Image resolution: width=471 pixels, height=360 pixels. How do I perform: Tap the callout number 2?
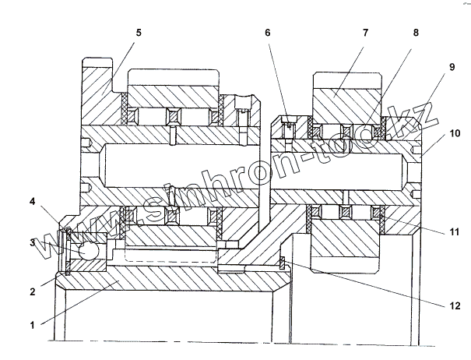[33, 292]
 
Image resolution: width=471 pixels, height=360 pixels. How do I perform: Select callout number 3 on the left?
[33, 243]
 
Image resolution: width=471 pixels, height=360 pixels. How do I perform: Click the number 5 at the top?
[138, 34]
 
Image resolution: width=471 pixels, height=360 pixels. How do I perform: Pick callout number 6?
[268, 34]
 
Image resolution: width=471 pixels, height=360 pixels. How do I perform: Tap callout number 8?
[415, 34]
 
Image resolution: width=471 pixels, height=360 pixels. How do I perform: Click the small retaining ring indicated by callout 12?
[282, 262]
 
